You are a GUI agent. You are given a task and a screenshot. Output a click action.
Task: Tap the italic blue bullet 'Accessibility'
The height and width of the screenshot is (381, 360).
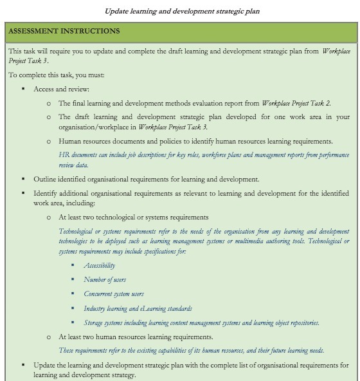100,265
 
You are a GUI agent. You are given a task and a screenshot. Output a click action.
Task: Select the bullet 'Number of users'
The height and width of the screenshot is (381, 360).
105,279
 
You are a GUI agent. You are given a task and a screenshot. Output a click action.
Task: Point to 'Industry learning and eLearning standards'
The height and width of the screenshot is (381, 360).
138,308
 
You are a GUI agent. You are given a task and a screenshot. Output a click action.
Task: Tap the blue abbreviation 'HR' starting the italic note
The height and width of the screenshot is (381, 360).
62,155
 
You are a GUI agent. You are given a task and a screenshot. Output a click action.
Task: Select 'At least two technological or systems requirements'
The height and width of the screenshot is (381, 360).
133,218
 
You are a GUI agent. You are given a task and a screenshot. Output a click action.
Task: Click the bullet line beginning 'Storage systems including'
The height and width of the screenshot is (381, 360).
201,322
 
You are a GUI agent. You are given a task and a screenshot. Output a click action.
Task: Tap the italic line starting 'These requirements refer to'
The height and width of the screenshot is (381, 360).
191,350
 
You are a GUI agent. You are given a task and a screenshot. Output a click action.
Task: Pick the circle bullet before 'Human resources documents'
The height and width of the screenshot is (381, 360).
49,140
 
